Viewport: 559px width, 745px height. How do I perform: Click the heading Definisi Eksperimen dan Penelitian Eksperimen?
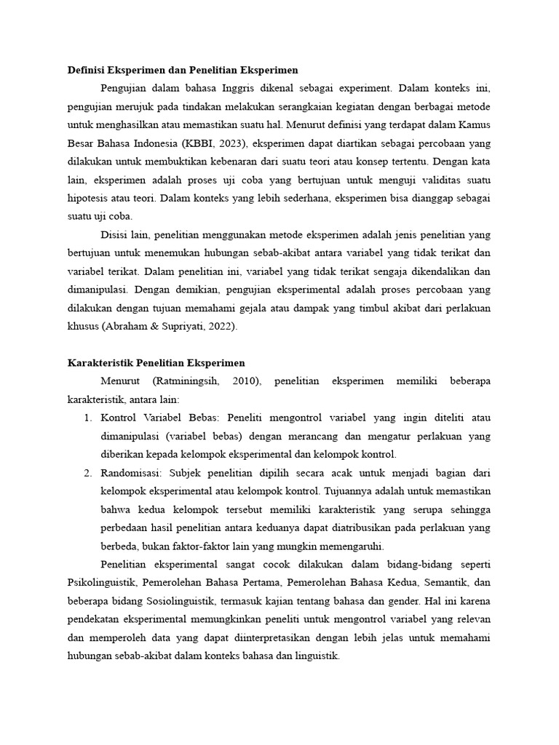(x=183, y=71)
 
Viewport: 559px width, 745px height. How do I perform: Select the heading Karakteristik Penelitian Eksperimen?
(x=156, y=362)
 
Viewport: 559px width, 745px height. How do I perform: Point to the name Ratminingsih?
(x=191, y=381)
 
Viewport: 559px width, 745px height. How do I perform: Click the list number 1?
(x=86, y=418)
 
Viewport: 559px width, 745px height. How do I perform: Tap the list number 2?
(x=86, y=474)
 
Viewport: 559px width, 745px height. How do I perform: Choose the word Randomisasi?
(x=132, y=474)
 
